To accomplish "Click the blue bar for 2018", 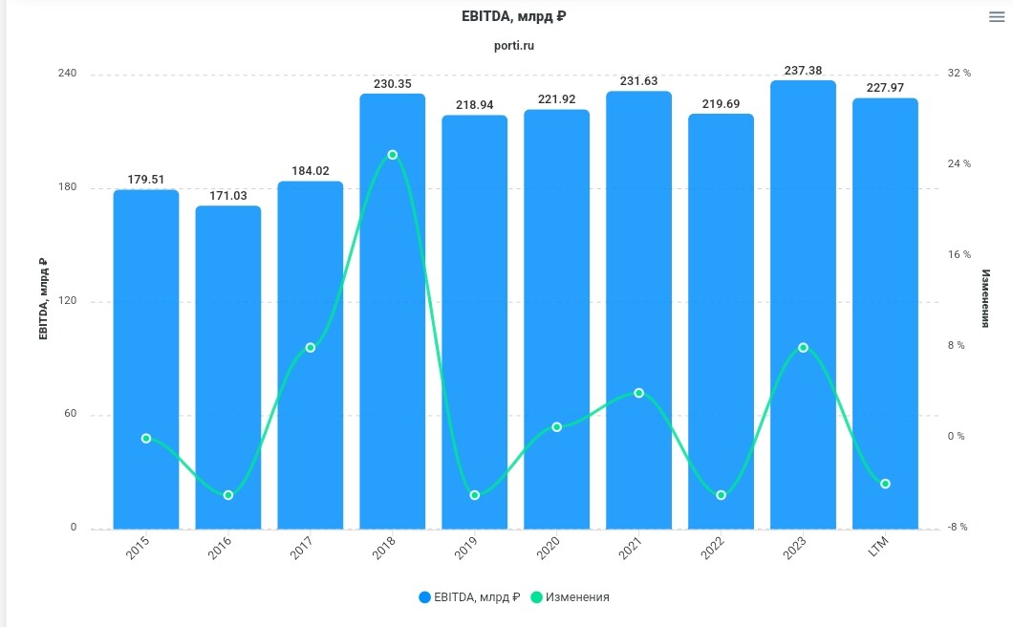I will tap(392, 315).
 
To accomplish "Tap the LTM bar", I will tap(885, 315).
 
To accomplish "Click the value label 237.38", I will tap(803, 71).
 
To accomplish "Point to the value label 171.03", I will tap(228, 196).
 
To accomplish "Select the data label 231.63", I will tap(638, 81).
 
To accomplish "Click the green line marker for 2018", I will tap(392, 155).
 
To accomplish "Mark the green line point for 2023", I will tap(803, 348).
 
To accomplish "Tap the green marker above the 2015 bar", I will tap(146, 439).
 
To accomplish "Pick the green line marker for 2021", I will tap(638, 393).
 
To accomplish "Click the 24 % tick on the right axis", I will tap(959, 163).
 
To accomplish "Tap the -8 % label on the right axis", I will tap(957, 527).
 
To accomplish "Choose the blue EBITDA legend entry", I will tap(469, 597).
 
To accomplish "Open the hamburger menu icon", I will tap(997, 17).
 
